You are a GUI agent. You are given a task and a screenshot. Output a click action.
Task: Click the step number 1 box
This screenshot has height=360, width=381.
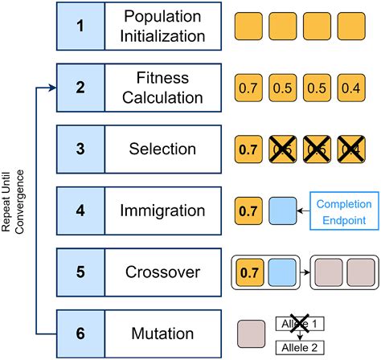(x=79, y=25)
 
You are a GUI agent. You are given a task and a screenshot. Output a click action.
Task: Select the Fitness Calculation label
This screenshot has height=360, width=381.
(x=162, y=87)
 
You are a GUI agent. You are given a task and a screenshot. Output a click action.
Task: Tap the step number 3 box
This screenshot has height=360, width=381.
(x=79, y=149)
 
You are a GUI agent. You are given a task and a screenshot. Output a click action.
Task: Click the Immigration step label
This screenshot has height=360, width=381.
(x=162, y=211)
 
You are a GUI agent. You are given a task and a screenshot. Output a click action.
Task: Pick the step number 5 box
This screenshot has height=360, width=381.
(x=79, y=272)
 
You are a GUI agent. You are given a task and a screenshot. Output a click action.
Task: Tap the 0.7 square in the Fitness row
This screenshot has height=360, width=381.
(x=248, y=88)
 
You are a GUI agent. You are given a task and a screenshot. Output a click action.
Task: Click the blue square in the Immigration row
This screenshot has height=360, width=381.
(x=282, y=211)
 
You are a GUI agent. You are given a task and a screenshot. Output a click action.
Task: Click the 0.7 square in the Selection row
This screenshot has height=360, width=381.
(x=248, y=149)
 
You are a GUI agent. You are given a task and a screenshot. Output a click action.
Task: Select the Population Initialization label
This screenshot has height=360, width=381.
(x=162, y=25)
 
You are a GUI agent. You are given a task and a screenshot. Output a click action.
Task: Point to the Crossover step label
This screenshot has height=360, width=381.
(x=162, y=272)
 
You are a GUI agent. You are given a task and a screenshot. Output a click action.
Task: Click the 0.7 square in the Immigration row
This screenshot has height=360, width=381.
(x=248, y=211)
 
